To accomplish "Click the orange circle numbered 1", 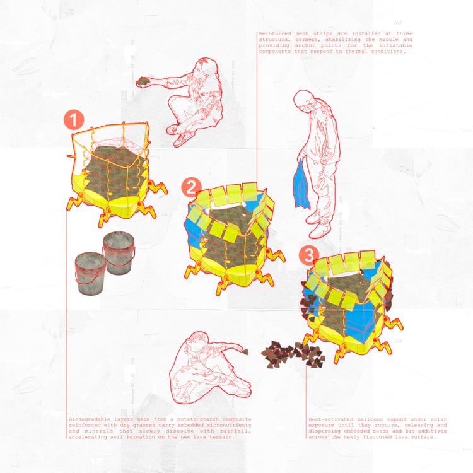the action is coord(74,120).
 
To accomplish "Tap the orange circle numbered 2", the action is coord(191,187).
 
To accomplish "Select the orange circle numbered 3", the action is coord(308,255).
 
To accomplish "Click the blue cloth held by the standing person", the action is coord(301,185).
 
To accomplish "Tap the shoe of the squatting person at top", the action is coord(184,139).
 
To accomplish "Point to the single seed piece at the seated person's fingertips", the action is coord(246,351).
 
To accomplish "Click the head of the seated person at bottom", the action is coord(198,341).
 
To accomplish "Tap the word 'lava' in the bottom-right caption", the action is coord(400,437).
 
